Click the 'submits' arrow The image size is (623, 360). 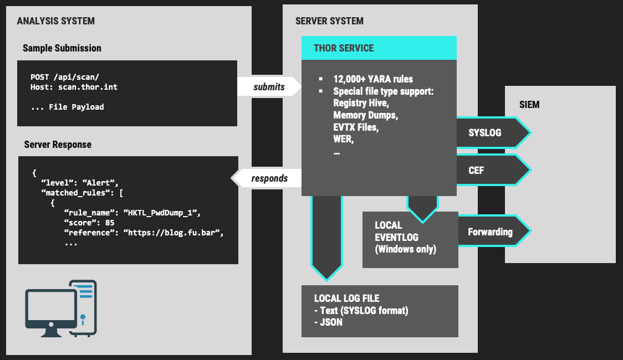(269, 86)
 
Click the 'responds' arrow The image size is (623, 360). (269, 178)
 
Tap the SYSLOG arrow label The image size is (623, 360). (485, 133)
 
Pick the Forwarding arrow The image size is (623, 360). (491, 232)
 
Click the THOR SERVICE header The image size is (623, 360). (344, 48)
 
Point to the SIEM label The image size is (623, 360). (530, 104)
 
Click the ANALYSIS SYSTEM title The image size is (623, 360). (56, 21)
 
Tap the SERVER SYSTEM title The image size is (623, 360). (330, 21)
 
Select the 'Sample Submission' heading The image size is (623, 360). (62, 48)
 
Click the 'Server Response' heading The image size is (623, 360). (58, 145)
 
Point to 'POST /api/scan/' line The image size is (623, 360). (65, 78)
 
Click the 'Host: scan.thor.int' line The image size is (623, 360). (74, 87)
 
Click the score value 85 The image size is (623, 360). (109, 223)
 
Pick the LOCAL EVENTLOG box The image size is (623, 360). (410, 238)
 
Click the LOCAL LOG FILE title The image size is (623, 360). (347, 299)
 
